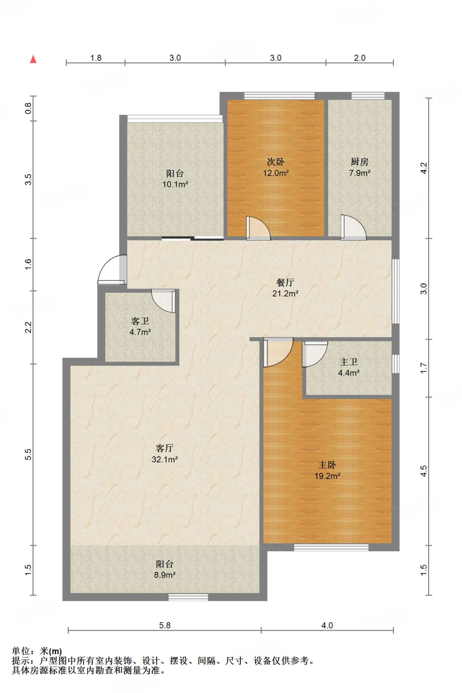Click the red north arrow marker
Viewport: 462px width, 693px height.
[x=33, y=59]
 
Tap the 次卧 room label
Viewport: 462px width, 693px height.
[x=276, y=162]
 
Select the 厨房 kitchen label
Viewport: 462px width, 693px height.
[x=359, y=162]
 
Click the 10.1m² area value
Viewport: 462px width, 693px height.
[x=175, y=184]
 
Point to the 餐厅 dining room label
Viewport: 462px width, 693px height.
[x=285, y=283]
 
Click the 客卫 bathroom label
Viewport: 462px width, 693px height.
[x=140, y=321]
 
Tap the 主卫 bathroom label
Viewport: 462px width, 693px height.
[x=349, y=362]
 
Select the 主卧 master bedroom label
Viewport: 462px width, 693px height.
[x=327, y=465]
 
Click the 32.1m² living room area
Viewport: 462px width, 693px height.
[x=165, y=460]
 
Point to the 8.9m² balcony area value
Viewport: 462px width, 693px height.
[x=165, y=575]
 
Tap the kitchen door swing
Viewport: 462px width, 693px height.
[x=353, y=228]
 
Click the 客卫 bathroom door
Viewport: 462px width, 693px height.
[x=164, y=301]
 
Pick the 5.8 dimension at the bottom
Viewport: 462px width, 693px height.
[x=165, y=625]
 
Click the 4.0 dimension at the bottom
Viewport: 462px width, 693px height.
[x=327, y=625]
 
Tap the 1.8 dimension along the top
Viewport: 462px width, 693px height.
[x=96, y=58]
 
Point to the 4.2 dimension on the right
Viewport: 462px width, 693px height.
[x=424, y=168]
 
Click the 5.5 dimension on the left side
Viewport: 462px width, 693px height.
[x=28, y=454]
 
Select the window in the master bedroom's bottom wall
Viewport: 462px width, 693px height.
[x=331, y=547]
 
